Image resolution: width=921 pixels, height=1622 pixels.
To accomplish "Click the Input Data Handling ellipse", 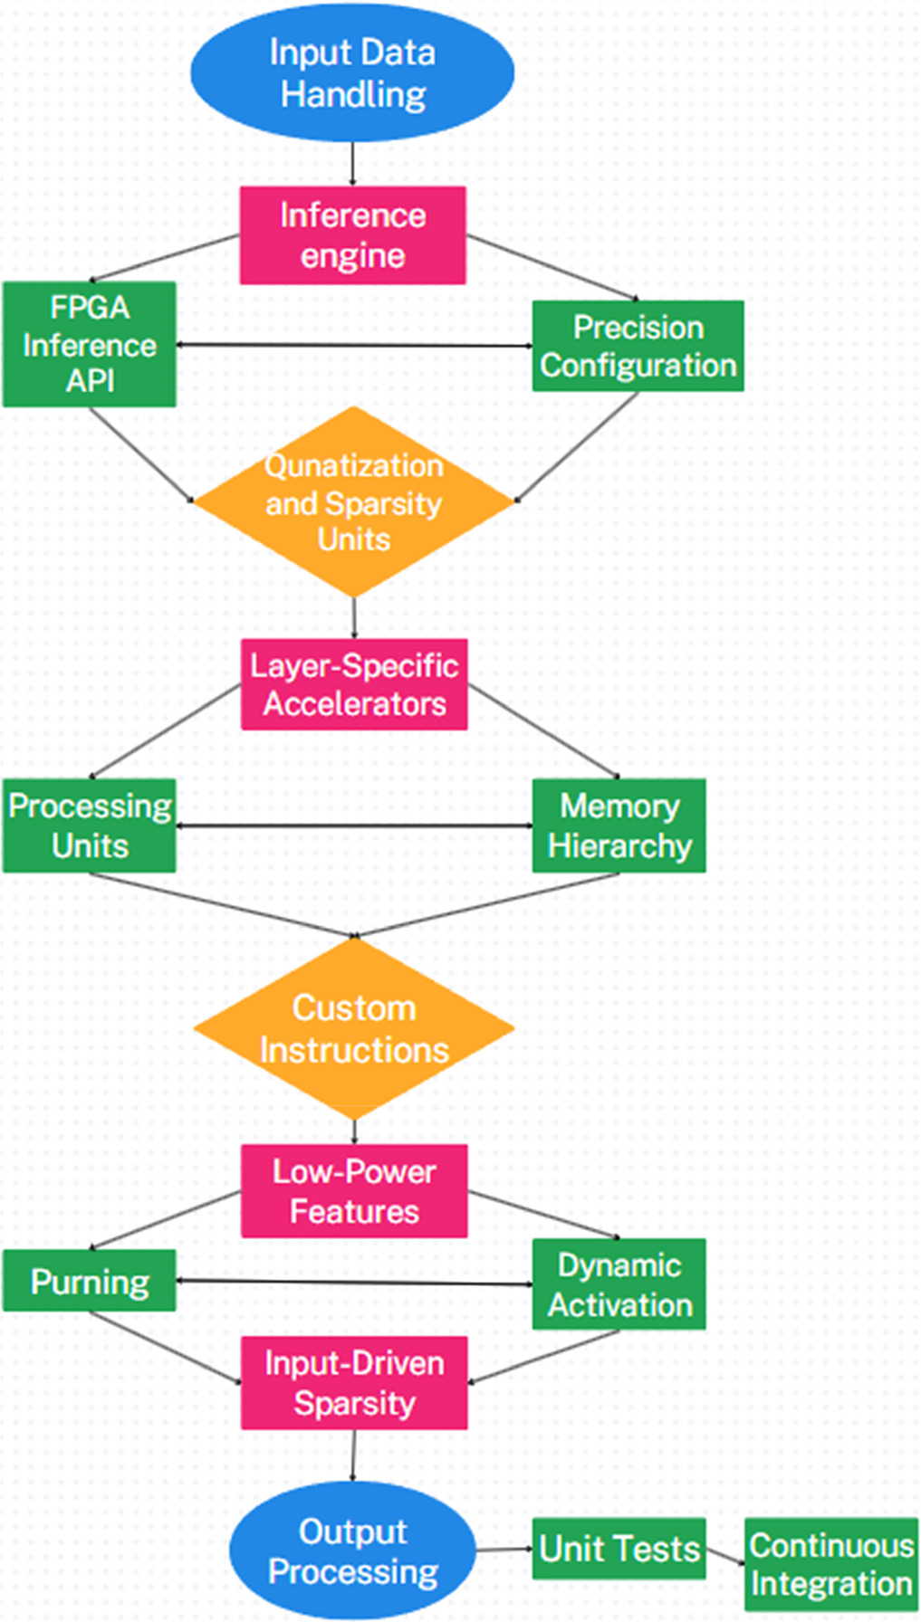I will [x=352, y=73].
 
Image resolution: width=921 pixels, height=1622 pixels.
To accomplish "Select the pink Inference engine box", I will [x=352, y=235].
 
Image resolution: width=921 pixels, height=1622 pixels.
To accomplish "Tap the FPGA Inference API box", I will [x=89, y=344].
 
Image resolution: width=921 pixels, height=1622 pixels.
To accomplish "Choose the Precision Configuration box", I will [x=638, y=346].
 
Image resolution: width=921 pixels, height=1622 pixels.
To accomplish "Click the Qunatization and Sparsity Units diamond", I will [x=353, y=502].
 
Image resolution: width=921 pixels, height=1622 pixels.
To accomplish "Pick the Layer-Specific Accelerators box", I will [x=354, y=684].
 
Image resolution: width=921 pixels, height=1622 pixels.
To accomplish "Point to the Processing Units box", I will [x=89, y=825].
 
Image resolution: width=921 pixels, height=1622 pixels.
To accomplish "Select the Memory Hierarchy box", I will [x=619, y=825].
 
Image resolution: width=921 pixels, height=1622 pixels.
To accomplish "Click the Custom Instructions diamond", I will [x=353, y=1028].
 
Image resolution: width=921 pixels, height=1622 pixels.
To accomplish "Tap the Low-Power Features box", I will [x=354, y=1191].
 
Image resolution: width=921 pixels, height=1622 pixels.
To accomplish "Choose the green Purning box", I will [x=89, y=1281].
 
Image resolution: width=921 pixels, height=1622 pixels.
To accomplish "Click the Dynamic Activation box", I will [x=619, y=1284].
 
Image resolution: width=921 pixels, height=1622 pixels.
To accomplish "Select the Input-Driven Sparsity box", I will [x=354, y=1383].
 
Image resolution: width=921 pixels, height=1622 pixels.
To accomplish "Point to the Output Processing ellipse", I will [x=352, y=1550].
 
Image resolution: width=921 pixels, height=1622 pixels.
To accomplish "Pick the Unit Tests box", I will [x=619, y=1549].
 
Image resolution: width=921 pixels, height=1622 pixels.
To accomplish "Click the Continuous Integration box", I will [x=830, y=1564].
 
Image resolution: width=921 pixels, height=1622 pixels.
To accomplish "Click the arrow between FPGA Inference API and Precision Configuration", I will [x=353, y=345].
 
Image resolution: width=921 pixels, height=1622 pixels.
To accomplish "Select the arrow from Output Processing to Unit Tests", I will [x=504, y=1550].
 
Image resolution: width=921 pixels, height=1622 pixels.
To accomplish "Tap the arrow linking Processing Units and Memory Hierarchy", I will [x=353, y=825].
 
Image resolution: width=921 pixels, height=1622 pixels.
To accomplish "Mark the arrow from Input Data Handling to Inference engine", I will [x=352, y=164].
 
